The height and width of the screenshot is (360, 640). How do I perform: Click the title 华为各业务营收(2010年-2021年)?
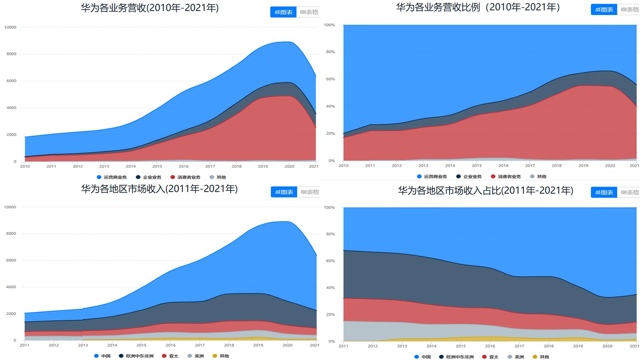(150, 8)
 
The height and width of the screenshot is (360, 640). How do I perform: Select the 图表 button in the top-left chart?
(283, 12)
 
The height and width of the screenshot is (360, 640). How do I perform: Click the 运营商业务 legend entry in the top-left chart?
(112, 177)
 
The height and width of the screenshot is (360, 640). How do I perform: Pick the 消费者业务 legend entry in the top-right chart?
(506, 177)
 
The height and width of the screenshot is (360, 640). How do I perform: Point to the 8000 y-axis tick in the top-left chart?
(11, 54)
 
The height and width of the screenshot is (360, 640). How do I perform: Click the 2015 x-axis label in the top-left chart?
(157, 166)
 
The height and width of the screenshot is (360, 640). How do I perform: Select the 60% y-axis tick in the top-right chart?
(330, 79)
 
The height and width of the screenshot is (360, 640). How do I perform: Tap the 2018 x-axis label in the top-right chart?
(556, 166)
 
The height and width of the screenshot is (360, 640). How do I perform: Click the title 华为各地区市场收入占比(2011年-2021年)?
(485, 191)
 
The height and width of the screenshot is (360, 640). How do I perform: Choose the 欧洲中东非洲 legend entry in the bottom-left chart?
(136, 356)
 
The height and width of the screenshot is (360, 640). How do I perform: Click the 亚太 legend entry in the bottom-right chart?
(490, 357)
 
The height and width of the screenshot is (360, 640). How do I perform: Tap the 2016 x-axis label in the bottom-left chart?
(170, 345)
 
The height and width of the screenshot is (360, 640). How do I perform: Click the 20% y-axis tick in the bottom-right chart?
(330, 315)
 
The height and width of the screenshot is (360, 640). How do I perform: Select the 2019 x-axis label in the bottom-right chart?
(578, 346)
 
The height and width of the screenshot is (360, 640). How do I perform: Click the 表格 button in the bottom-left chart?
(309, 192)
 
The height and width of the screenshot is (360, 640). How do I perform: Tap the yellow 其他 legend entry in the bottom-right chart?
(541, 357)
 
